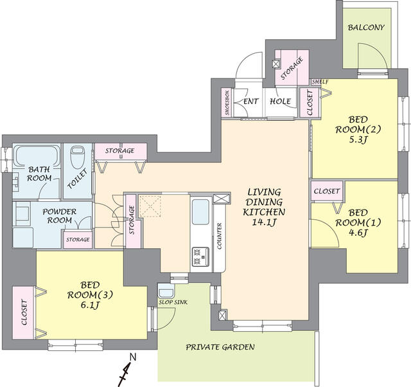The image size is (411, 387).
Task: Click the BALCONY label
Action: [365, 28]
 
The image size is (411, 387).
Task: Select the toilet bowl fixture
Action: [78, 157]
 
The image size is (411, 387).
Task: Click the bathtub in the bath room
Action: [37, 156]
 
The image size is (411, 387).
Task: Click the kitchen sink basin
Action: [200, 212]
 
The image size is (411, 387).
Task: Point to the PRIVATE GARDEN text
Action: [220, 347]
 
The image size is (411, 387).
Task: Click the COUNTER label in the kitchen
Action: [220, 237]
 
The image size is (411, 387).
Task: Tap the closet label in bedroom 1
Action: [326, 191]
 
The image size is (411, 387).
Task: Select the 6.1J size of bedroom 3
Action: [90, 305]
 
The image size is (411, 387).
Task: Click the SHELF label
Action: [320, 82]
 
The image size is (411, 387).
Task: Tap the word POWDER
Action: [60, 212]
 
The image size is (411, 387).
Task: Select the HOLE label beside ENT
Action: [280, 102]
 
